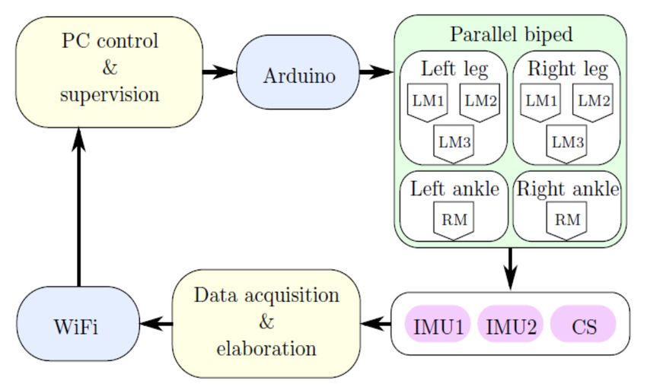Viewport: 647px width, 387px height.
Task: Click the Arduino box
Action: pyautogui.click(x=298, y=72)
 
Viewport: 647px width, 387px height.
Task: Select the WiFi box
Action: pyautogui.click(x=78, y=324)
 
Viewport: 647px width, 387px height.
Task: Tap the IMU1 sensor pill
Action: pyautogui.click(x=438, y=324)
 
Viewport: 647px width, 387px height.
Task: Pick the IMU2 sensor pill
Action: pyautogui.click(x=511, y=324)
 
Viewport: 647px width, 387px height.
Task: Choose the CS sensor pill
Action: pyautogui.click(x=584, y=324)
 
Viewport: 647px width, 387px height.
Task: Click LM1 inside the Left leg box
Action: pyautogui.click(x=428, y=102)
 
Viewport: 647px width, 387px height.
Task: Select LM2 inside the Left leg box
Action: pyautogui.click(x=480, y=102)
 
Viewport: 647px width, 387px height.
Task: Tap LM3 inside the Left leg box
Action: pyautogui.click(x=454, y=144)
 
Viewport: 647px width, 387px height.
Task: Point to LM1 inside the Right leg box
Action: pyautogui.click(x=541, y=102)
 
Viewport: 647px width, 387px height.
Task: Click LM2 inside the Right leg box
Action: pyautogui.click(x=593, y=102)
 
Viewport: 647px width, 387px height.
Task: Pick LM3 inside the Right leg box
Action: pyautogui.click(x=567, y=144)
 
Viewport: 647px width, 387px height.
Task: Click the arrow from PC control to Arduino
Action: pyautogui.click(x=219, y=72)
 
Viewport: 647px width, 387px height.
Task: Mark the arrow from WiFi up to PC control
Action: pyautogui.click(x=78, y=207)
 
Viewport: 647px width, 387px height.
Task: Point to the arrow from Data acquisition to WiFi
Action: pyautogui.click(x=156, y=324)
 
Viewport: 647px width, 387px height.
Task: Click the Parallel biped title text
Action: pyautogui.click(x=512, y=35)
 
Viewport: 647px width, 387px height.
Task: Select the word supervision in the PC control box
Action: pyautogui.click(x=110, y=95)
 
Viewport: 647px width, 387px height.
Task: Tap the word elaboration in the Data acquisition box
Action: pyautogui.click(x=266, y=348)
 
